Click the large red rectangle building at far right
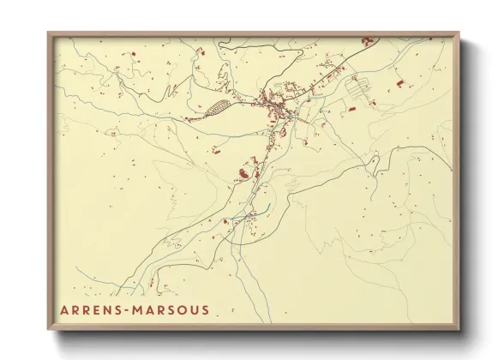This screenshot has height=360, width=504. [x=399, y=82]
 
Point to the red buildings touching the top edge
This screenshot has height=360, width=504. [x=367, y=40]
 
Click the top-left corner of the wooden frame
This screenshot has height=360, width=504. [x=48, y=33]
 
